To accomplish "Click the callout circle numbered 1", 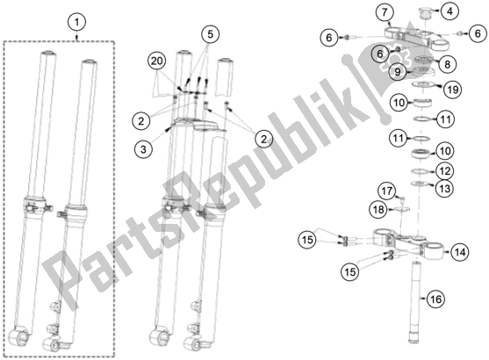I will point(78,20).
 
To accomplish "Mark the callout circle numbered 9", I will point(398,71).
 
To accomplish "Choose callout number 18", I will point(377,209).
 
